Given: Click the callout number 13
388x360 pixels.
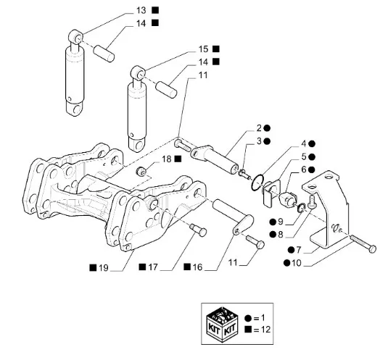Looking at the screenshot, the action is pyautogui.click(x=141, y=11).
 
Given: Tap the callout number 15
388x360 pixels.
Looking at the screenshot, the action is pyautogui.click(x=203, y=49).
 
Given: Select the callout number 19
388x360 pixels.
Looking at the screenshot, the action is pyautogui.click(x=104, y=268).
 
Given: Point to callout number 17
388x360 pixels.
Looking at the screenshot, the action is pyautogui.click(x=153, y=267).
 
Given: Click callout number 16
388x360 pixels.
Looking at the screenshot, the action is pyautogui.click(x=197, y=267).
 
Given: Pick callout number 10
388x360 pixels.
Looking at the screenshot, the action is pyautogui.click(x=297, y=263).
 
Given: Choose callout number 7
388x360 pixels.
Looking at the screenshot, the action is pyautogui.click(x=298, y=250).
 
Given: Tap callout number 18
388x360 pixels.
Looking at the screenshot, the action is pyautogui.click(x=167, y=159).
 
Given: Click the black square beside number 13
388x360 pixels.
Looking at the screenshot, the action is pyautogui.click(x=155, y=10).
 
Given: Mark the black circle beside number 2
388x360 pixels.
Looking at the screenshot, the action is pyautogui.click(x=267, y=128).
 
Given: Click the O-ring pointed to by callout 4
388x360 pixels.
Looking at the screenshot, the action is pyautogui.click(x=258, y=183).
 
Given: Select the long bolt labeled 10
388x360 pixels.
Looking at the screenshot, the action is pyautogui.click(x=363, y=243).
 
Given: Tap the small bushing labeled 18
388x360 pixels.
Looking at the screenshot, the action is pyautogui.click(x=141, y=171).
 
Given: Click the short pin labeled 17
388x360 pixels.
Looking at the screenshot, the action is pyautogui.click(x=198, y=230).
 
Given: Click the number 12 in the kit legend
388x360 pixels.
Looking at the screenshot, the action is pyautogui.click(x=266, y=330).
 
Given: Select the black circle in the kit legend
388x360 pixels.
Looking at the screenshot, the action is pyautogui.click(x=248, y=318).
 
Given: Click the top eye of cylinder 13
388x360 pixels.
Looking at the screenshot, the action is pyautogui.click(x=75, y=35).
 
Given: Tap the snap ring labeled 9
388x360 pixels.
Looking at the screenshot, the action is pyautogui.click(x=301, y=208).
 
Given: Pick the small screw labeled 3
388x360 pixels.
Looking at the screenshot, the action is pyautogui.click(x=244, y=173).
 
